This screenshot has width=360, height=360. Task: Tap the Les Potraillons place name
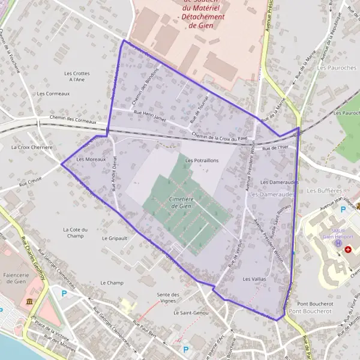202,161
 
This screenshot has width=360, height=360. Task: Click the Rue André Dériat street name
113,175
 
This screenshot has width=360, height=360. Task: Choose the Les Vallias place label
254,280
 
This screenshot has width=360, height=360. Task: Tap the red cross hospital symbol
347,249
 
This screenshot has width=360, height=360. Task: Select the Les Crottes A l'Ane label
76,76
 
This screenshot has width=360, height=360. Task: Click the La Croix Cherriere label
32,147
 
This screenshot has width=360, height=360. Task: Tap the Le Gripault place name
115,238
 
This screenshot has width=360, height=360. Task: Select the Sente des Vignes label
168,297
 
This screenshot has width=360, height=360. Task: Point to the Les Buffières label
323,190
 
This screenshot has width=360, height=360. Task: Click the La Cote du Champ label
76,232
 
